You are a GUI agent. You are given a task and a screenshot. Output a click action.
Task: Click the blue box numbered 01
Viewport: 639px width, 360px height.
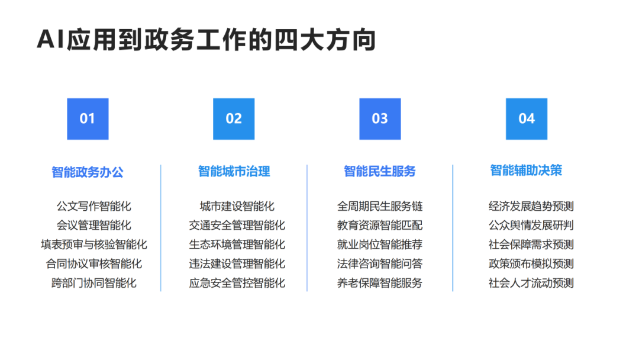[x=88, y=119]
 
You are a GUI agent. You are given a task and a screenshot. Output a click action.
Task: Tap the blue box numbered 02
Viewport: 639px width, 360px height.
[x=234, y=119]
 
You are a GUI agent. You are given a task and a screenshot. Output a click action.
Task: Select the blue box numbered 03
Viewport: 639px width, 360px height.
[x=380, y=119]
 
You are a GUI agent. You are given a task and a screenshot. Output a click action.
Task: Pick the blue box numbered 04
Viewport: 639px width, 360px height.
[x=526, y=119]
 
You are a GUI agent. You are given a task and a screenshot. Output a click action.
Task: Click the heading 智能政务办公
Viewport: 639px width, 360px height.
[x=88, y=172]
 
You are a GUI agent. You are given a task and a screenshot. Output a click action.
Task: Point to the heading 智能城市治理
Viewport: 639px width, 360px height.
[x=234, y=172]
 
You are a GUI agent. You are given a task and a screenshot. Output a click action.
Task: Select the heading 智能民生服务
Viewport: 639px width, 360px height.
[x=380, y=172]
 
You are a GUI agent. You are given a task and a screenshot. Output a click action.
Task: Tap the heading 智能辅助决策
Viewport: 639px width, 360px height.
[x=526, y=171]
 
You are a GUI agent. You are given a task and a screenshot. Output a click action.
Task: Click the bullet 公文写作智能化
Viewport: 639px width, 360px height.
[x=94, y=207]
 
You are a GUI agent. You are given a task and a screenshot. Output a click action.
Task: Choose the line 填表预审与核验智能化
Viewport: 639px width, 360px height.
[x=94, y=245]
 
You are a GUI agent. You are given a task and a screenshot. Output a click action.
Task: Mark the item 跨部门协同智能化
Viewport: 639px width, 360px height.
[x=94, y=283]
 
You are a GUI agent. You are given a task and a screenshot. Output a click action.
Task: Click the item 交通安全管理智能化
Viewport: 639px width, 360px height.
[x=237, y=226]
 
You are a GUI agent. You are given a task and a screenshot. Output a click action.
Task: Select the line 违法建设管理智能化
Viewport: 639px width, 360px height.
[x=237, y=263]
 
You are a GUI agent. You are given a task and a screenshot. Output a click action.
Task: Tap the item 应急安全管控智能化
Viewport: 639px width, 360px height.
[x=237, y=283]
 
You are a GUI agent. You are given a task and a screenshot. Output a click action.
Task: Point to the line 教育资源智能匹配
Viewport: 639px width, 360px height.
[x=380, y=226]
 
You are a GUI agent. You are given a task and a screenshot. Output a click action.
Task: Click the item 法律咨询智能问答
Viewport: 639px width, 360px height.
[x=380, y=263]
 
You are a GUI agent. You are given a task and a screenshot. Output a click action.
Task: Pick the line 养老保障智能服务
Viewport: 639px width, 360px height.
[x=380, y=283]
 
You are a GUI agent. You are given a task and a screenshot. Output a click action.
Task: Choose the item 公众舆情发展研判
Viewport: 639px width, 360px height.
[x=531, y=226]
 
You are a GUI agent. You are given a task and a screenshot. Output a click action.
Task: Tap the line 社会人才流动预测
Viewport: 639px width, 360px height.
[x=531, y=283]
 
